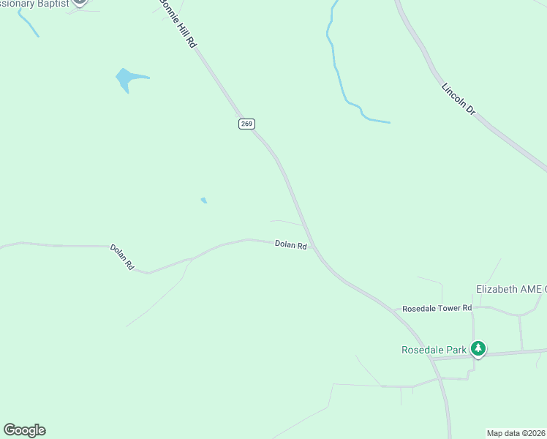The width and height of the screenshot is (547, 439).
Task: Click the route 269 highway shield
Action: [246, 124]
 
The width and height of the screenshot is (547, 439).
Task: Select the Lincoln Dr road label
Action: [459, 99]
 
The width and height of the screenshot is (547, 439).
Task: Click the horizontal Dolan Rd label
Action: [290, 245]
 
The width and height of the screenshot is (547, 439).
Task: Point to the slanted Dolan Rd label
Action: [122, 258]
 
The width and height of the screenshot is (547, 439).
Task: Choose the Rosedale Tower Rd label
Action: [437, 308]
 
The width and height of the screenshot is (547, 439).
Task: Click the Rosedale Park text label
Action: [434, 350]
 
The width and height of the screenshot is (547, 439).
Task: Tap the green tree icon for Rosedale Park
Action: [478, 348]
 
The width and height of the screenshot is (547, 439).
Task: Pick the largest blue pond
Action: [127, 78]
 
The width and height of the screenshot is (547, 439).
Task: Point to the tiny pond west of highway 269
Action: [204, 200]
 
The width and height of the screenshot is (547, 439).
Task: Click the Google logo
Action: [24, 430]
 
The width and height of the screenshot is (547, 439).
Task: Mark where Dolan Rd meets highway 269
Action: [314, 247]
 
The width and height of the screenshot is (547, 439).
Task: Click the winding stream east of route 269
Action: [337, 73]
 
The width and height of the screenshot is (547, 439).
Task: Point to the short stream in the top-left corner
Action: [28, 23]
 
